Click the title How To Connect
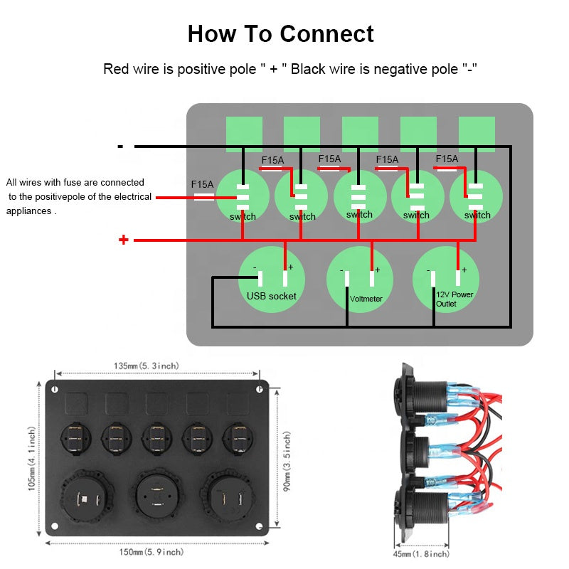coord(280,33)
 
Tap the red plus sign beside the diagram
coord(124,240)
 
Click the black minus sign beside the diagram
coord(121,147)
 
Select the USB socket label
coord(271,296)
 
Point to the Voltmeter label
coord(366,299)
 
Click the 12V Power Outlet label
coord(454,299)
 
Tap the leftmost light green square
coord(244,134)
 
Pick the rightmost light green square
coord(477,134)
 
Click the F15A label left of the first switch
coord(203,184)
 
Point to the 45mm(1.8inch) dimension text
coord(421,553)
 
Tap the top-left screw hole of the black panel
coord(54,389)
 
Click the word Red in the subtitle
coord(116,69)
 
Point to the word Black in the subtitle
coord(307,69)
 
